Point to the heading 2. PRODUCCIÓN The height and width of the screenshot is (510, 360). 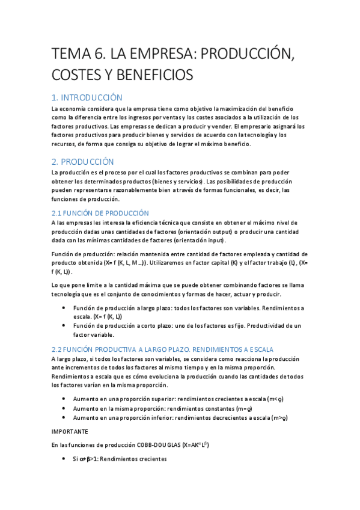pyautogui.click(x=82, y=162)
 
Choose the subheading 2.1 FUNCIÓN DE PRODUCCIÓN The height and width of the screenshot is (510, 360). pyautogui.click(x=100, y=213)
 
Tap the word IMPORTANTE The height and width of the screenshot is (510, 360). pyautogui.click(x=70, y=431)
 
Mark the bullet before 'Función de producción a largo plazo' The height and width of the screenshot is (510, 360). pyautogui.click(x=64, y=308)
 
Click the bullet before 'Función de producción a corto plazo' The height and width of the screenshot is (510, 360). pyautogui.click(x=64, y=325)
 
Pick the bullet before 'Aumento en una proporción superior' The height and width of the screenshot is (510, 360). pyautogui.click(x=64, y=399)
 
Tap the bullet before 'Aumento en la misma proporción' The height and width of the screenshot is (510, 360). pyautogui.click(x=64, y=408)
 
